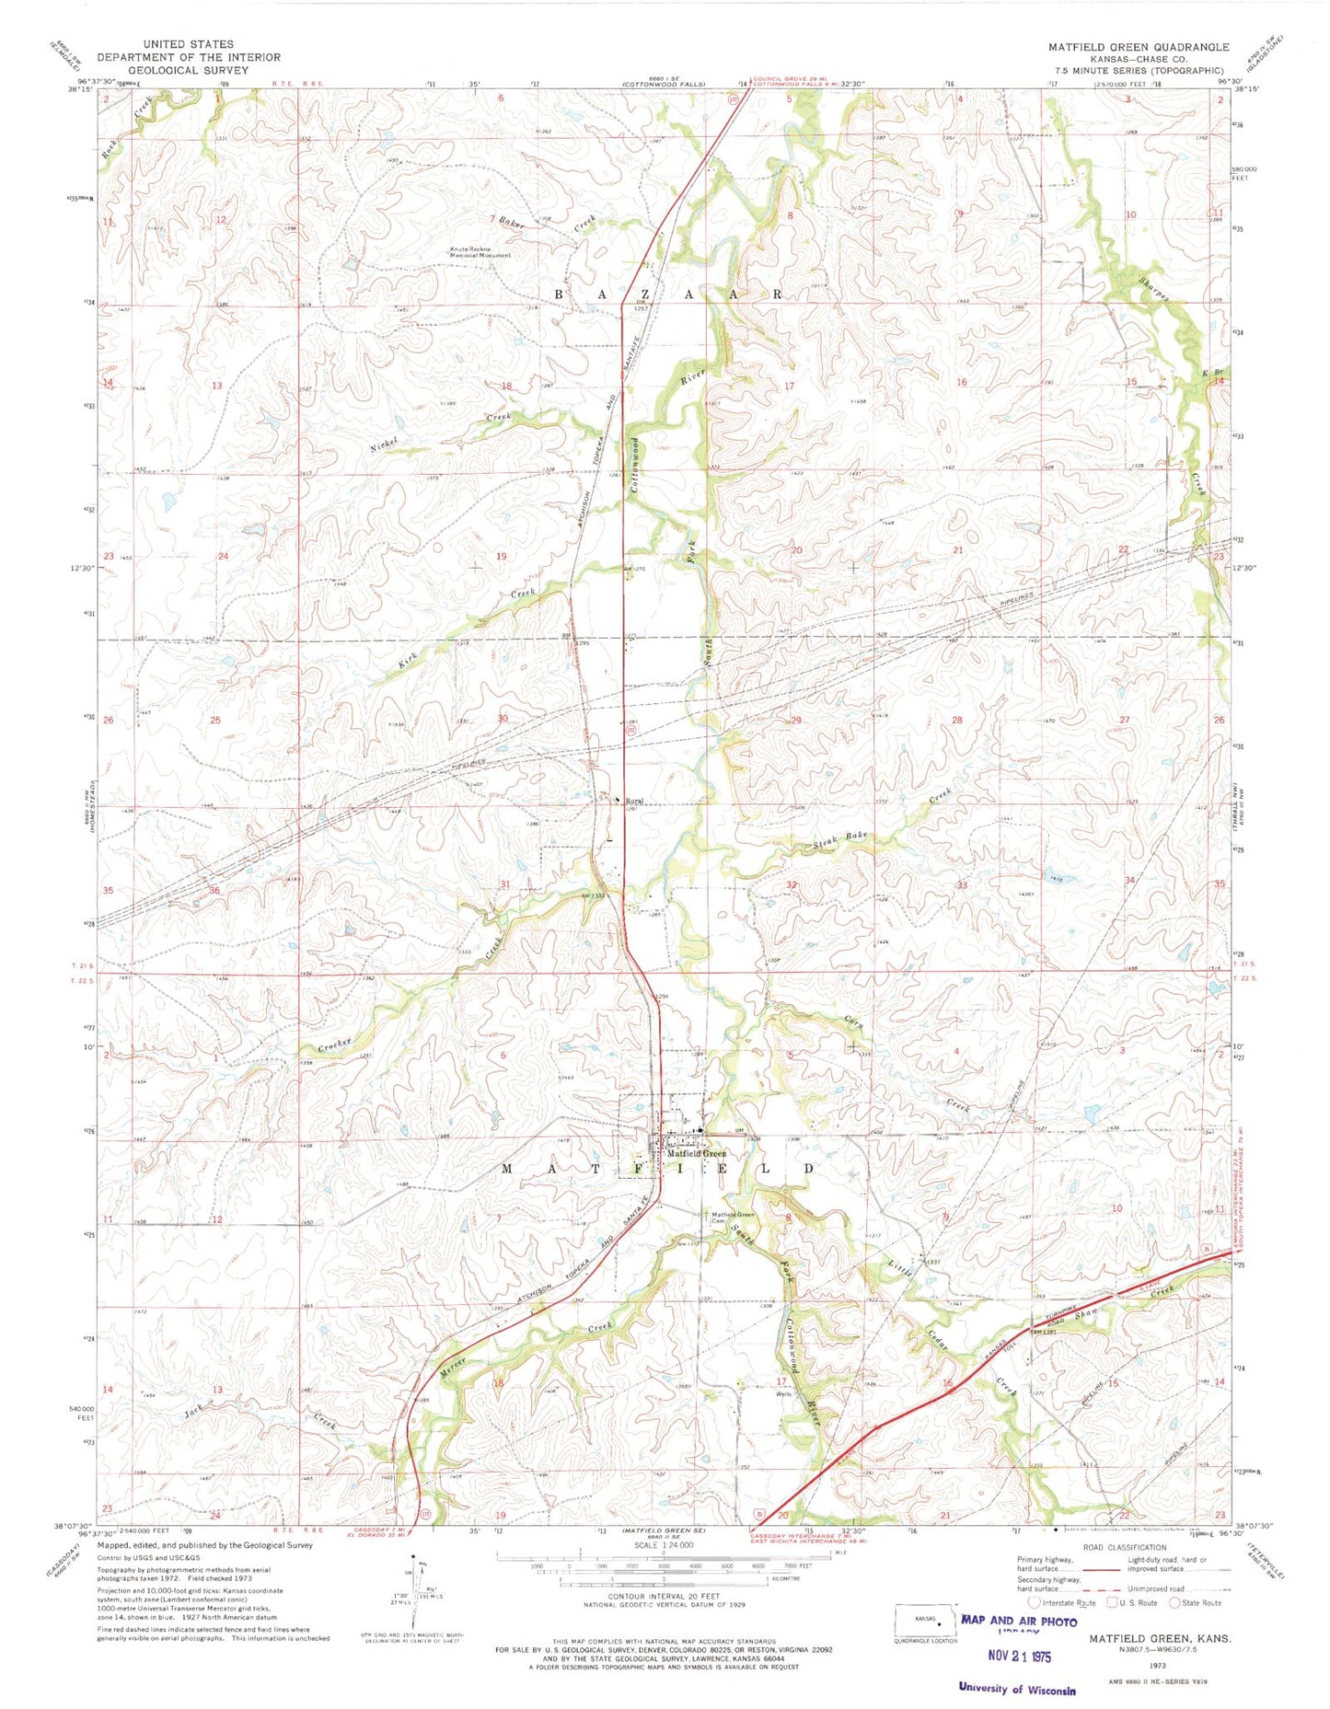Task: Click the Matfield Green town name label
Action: click(696, 1152)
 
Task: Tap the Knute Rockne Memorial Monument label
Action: click(480, 251)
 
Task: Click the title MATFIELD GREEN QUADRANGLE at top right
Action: click(1138, 47)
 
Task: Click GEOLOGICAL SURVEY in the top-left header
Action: click(188, 69)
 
